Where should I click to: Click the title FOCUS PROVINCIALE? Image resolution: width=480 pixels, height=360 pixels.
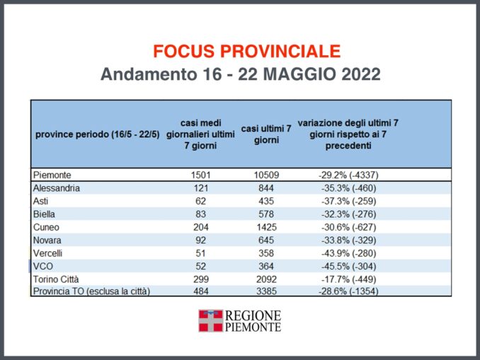tap(246, 51)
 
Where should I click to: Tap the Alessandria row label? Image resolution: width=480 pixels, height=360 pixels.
tap(57, 188)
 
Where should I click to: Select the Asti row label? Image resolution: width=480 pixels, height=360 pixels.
tap(41, 201)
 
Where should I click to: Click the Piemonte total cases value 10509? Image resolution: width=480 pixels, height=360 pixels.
tap(261, 175)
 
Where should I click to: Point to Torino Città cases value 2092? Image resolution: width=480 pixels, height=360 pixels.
tap(261, 279)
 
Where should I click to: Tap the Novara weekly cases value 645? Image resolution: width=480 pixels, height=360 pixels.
tap(261, 240)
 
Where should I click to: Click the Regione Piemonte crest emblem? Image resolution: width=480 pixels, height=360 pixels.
tap(210, 321)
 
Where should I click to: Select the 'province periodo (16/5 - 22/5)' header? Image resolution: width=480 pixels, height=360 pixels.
tap(96, 134)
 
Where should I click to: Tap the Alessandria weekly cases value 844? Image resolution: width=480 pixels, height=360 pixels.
tap(261, 188)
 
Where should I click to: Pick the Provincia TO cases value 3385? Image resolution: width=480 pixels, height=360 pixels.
tap(261, 291)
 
